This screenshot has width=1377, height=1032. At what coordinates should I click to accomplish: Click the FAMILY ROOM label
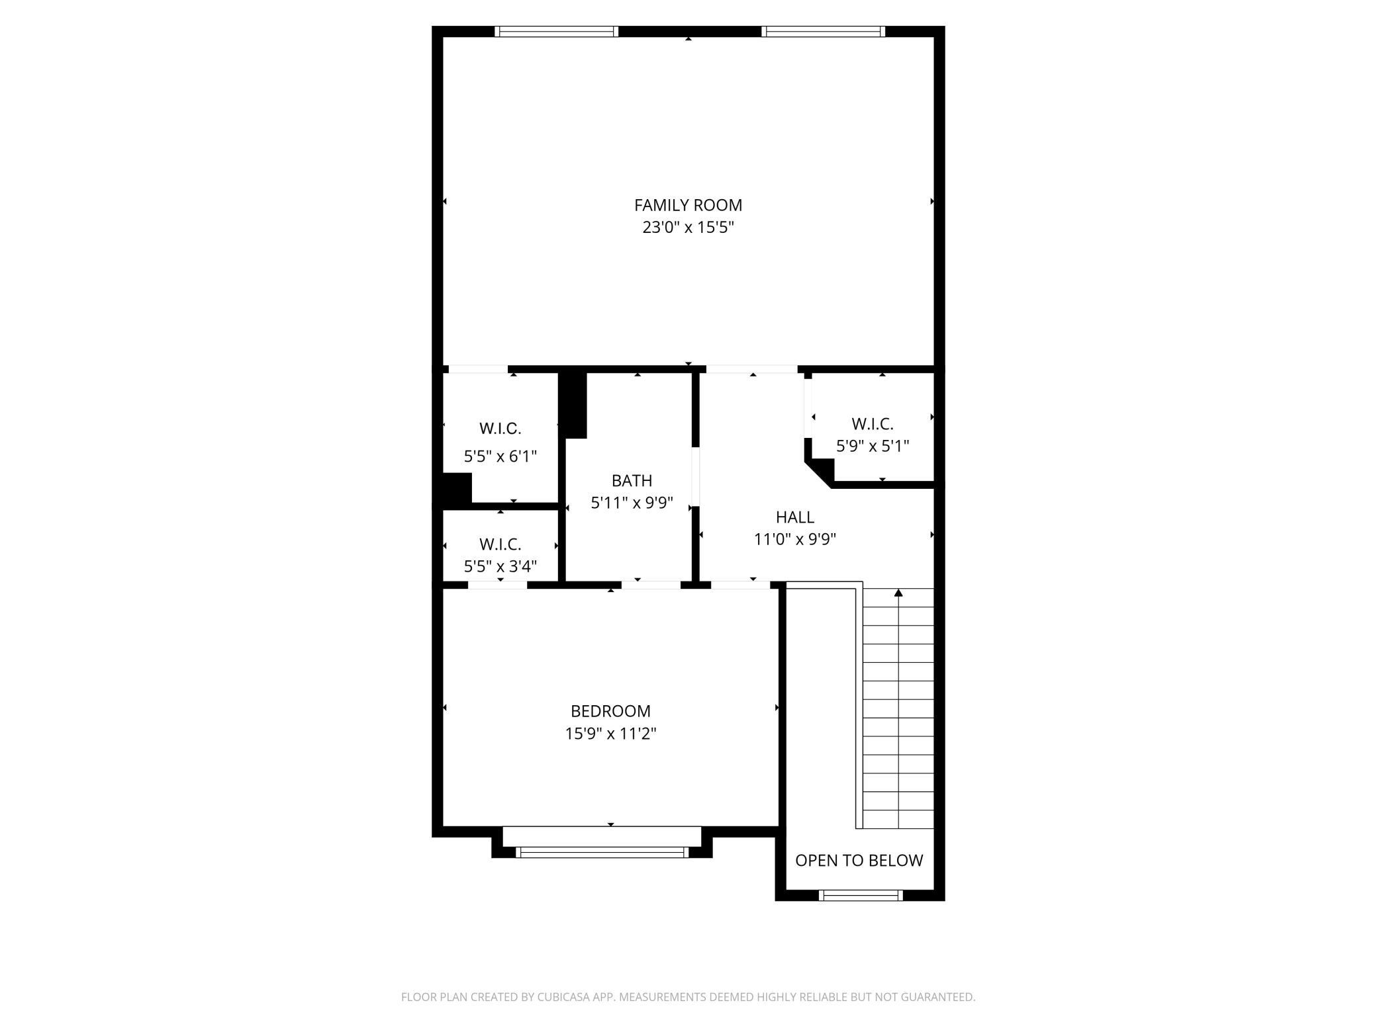(688, 205)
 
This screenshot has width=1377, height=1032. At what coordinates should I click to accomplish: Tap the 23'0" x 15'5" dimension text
(688, 228)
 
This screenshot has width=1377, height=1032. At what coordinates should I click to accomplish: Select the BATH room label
(632, 480)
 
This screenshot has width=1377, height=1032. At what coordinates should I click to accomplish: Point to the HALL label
(794, 517)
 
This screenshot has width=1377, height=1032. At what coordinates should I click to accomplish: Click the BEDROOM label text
(610, 711)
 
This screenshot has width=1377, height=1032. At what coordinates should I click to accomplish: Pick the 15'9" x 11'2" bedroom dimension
(610, 734)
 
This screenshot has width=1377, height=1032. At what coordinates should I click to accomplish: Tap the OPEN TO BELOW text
(859, 860)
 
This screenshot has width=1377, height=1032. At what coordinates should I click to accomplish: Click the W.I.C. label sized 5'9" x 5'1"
(872, 423)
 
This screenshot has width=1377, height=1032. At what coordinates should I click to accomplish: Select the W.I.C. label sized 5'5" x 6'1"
(500, 428)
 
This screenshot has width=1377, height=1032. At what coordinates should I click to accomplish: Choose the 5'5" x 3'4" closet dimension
(500, 566)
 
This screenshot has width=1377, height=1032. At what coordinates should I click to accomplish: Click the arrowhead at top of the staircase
(898, 593)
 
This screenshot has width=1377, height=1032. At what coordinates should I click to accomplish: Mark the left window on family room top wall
(556, 31)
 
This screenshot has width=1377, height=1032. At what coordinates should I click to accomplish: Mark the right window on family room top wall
(823, 31)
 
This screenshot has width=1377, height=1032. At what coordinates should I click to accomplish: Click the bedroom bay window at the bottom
(602, 852)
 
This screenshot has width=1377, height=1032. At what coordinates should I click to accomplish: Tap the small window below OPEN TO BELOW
(861, 895)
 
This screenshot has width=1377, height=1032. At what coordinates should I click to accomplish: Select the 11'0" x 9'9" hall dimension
(794, 539)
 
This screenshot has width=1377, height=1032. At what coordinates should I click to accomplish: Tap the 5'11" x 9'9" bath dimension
(632, 503)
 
